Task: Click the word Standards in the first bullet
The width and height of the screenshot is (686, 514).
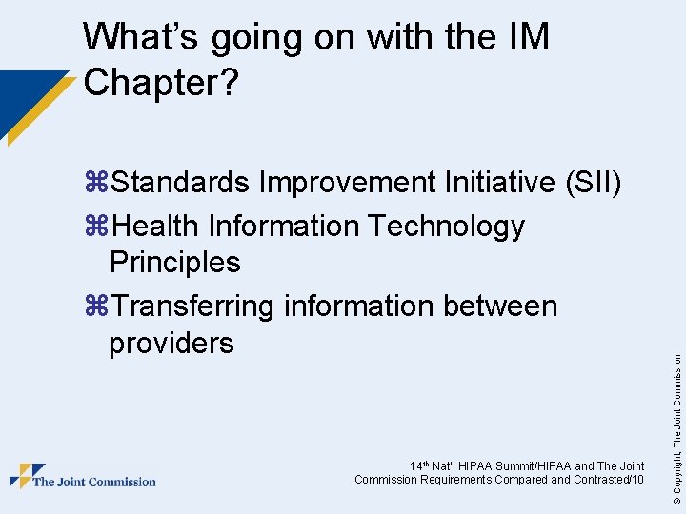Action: coord(183,181)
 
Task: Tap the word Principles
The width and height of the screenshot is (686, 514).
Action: coord(174,262)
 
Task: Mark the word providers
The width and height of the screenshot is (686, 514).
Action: coord(171,342)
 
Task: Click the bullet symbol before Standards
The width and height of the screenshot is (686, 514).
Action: coord(96,182)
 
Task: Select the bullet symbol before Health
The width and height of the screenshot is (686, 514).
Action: coord(96,227)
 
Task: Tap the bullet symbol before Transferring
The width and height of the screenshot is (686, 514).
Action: coord(96,306)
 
